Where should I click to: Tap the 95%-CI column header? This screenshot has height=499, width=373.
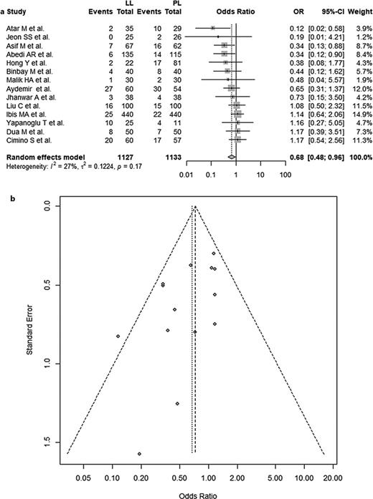point(324,12)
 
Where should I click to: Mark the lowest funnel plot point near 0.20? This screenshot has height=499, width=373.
point(140,454)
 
